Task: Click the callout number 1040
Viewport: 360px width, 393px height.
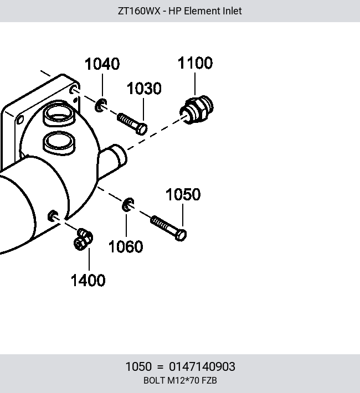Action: point(102,64)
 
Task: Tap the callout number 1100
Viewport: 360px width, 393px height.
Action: point(195,63)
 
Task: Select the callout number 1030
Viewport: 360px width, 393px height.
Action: point(144,89)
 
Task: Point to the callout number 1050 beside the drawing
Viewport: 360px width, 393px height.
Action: point(183,194)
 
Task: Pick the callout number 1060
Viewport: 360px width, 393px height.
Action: point(126,247)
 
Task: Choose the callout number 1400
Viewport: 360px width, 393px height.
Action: point(88,280)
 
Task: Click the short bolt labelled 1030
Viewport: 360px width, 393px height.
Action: point(132,124)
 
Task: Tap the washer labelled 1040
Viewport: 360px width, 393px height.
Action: point(101,105)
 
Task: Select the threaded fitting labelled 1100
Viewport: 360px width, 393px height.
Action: point(197,110)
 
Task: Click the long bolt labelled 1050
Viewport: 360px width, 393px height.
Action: point(168,228)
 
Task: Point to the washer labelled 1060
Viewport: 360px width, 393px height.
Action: point(128,204)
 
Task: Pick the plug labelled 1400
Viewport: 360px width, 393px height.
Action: point(83,239)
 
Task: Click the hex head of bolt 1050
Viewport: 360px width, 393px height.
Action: point(181,235)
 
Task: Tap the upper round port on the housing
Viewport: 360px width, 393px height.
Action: point(59,114)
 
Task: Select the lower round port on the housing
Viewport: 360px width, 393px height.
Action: point(59,142)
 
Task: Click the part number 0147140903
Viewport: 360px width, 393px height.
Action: point(202,366)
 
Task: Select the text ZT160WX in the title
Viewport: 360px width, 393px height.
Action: point(139,11)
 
